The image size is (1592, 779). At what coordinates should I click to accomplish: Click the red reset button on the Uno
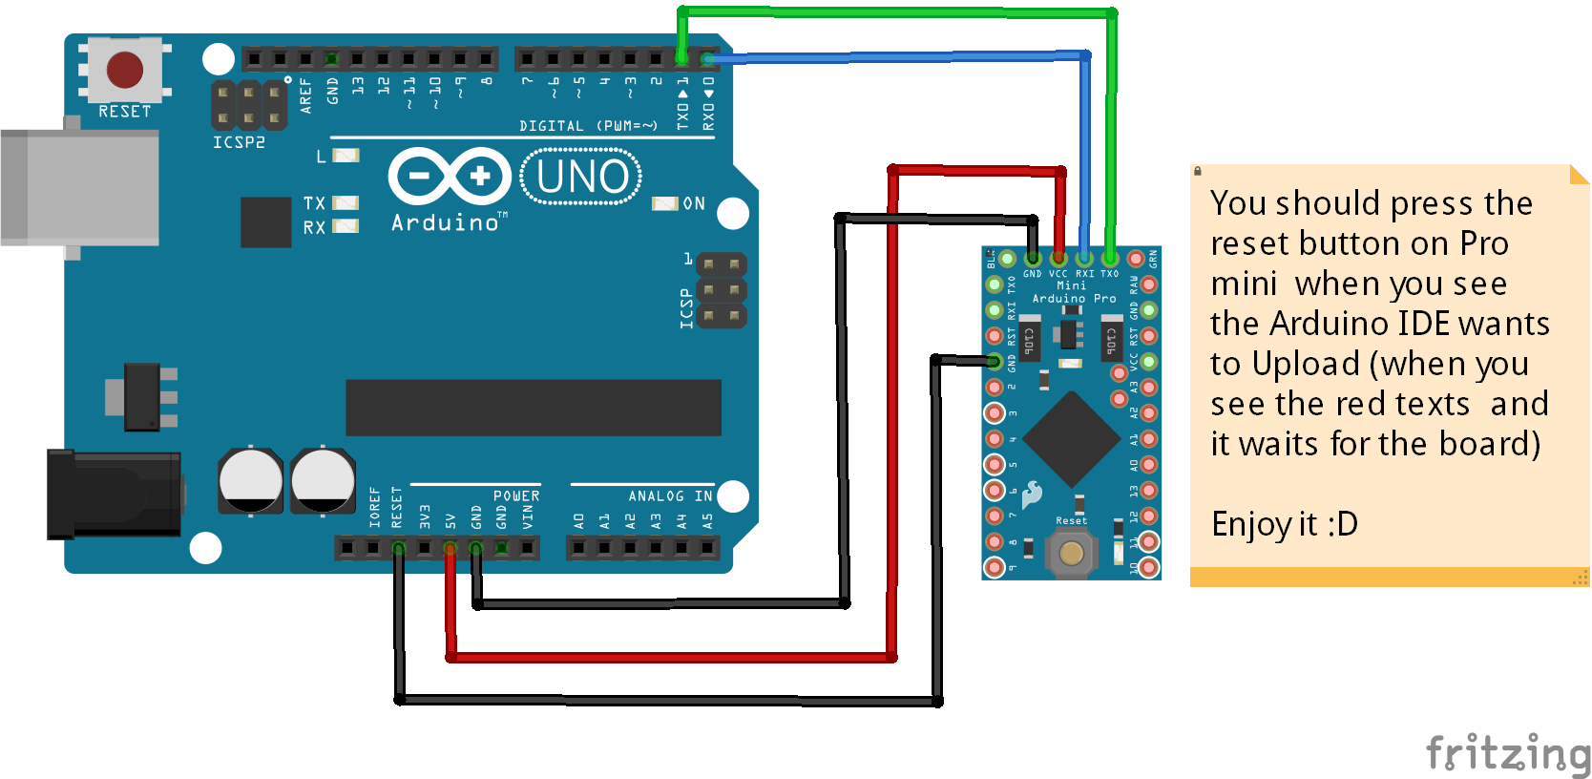125,70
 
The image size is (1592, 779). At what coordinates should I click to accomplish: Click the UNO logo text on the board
581,177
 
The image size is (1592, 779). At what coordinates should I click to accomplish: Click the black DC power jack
115,495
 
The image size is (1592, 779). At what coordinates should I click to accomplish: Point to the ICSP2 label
239,142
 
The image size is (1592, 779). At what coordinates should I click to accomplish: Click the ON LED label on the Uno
693,203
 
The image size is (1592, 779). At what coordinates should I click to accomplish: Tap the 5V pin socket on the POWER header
450,548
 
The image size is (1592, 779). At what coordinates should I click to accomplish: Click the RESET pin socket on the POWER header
399,548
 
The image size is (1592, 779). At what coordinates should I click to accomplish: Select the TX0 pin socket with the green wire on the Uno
681,59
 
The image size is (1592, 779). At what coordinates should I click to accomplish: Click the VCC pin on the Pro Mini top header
1058,258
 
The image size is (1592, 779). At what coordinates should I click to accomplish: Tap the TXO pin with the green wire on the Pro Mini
1110,258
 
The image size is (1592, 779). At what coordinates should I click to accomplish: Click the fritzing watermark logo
1507,753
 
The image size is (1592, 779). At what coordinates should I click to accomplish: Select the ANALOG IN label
670,496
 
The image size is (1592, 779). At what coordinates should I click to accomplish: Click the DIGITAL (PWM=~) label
588,126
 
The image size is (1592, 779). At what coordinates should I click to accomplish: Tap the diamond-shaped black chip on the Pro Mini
1071,438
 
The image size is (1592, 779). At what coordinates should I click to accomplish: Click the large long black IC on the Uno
533,408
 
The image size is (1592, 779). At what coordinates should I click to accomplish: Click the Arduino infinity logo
450,176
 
